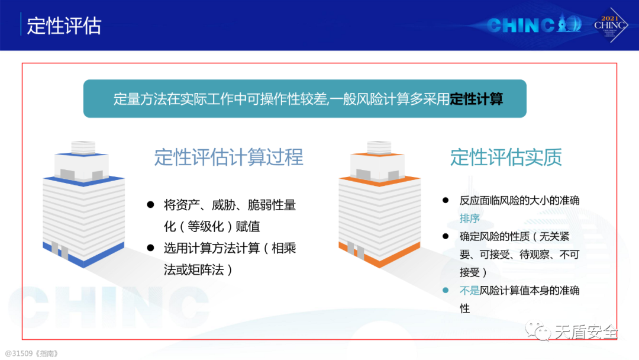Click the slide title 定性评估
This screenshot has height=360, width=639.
(x=64, y=25)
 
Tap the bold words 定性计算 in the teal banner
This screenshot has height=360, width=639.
(x=476, y=99)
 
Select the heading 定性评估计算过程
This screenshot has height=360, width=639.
(x=228, y=157)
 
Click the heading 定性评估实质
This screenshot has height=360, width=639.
(x=506, y=157)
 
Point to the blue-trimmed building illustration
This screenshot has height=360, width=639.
(x=83, y=204)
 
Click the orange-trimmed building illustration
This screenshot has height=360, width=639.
(x=379, y=204)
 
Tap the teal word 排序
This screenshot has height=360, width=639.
(x=469, y=218)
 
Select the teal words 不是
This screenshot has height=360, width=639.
(x=469, y=290)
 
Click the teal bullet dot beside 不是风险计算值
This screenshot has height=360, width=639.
(x=446, y=290)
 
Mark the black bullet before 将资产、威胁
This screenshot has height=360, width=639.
(x=150, y=205)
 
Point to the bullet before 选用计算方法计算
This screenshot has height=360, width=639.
(x=150, y=248)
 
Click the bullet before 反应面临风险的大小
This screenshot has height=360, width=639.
(x=446, y=200)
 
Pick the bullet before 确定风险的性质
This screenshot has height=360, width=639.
(x=446, y=236)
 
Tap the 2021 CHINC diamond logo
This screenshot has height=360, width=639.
(x=610, y=25)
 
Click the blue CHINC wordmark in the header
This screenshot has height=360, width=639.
(x=534, y=24)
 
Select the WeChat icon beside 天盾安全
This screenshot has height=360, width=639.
(x=537, y=330)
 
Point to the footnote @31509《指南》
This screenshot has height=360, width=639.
(x=31, y=353)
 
